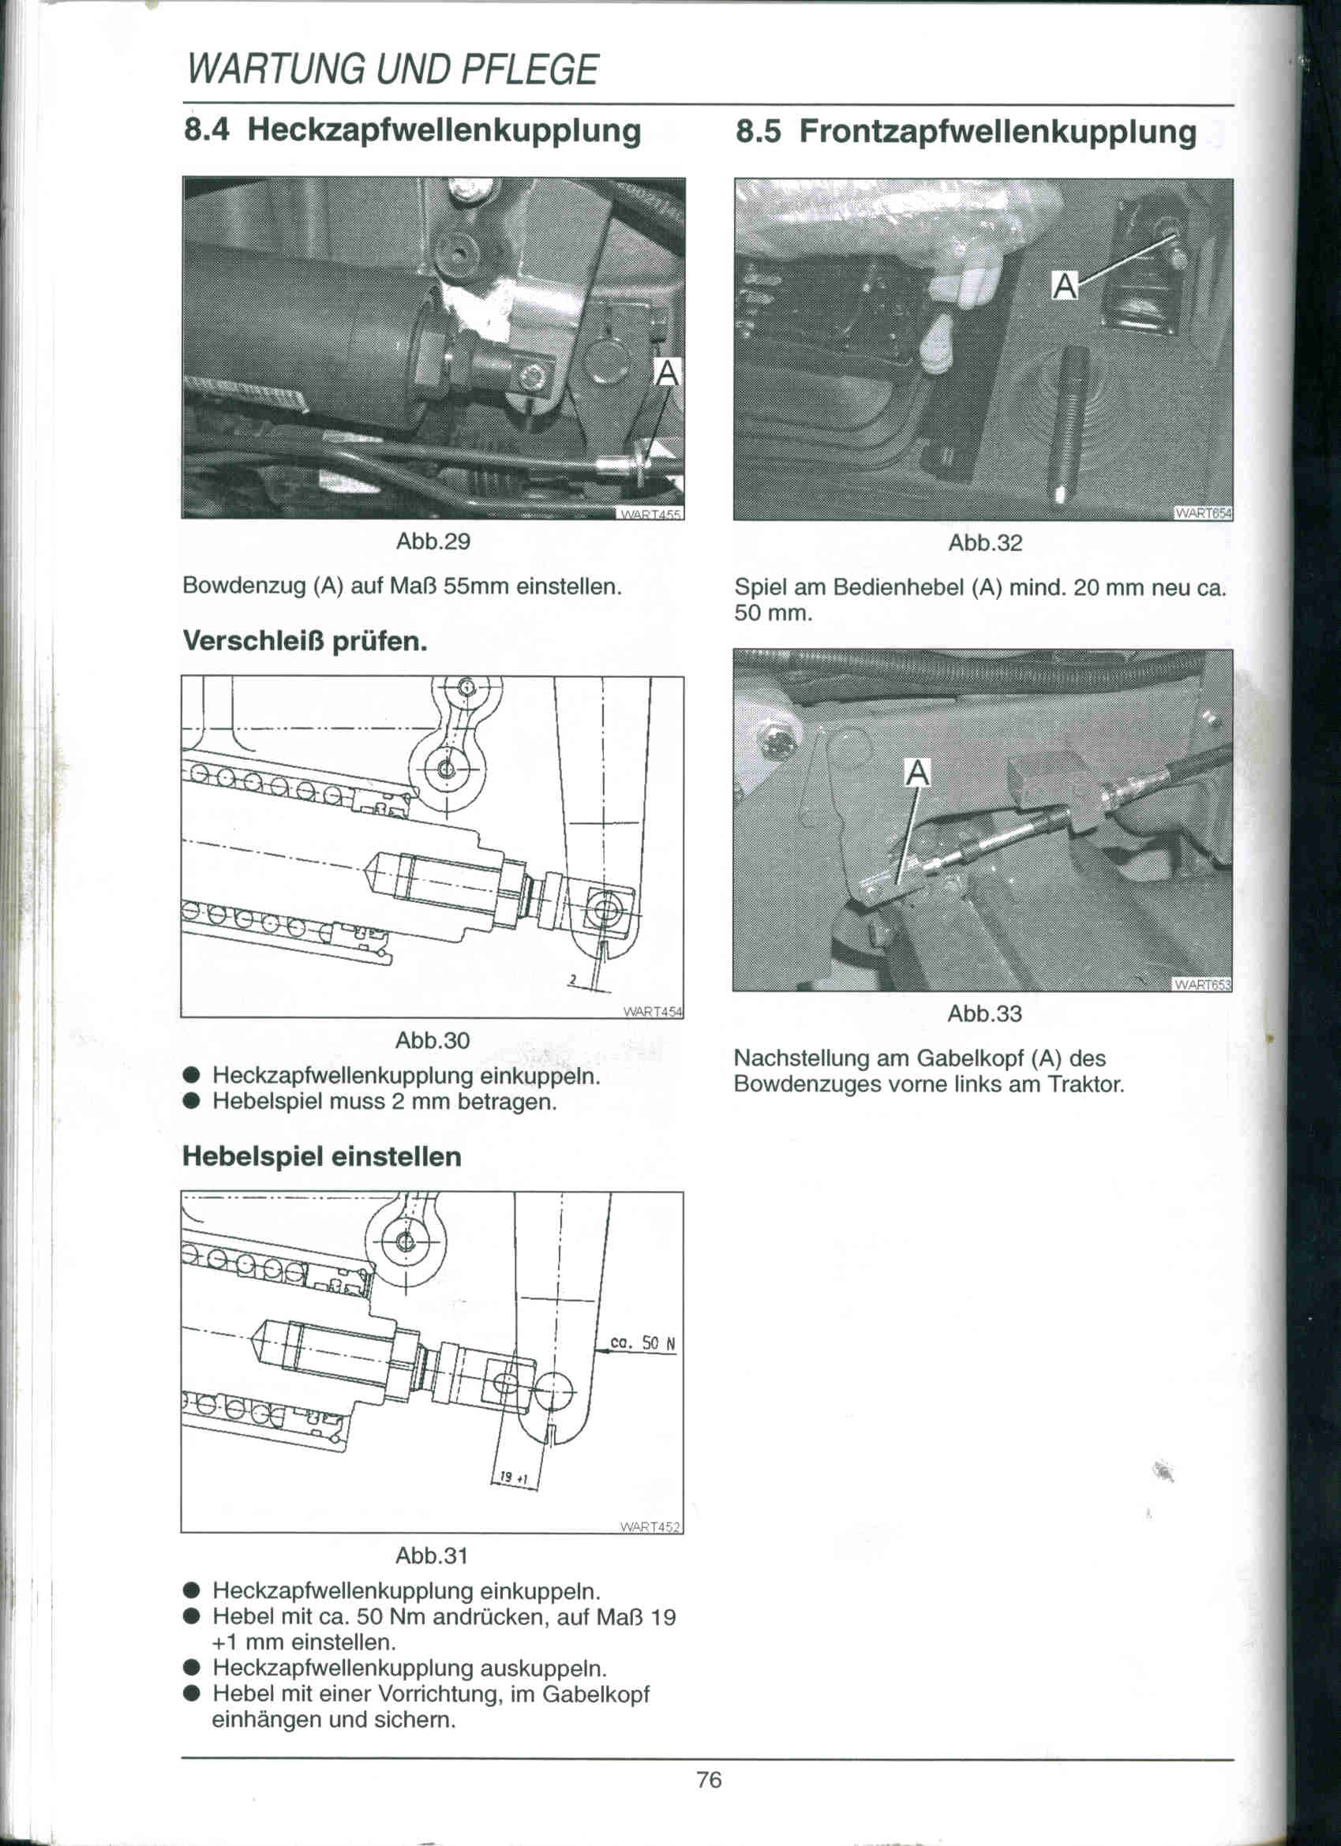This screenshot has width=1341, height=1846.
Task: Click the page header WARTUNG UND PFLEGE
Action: click(392, 70)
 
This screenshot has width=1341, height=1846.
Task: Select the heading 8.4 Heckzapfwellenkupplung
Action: click(413, 130)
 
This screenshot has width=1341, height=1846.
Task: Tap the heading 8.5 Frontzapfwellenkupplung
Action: click(965, 132)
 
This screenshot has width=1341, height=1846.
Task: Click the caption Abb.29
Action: click(433, 542)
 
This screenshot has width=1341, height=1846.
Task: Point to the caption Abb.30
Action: click(433, 1040)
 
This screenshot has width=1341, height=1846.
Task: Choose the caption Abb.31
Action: click(432, 1556)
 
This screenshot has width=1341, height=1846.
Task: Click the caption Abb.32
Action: click(984, 543)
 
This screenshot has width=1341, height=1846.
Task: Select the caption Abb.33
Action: click(984, 1014)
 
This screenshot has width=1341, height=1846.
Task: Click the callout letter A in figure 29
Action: click(667, 373)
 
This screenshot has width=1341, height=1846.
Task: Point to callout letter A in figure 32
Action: click(1064, 286)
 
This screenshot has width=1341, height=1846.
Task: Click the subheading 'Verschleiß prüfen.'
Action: click(305, 642)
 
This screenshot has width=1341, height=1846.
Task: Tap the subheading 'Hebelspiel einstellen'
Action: click(321, 1156)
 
